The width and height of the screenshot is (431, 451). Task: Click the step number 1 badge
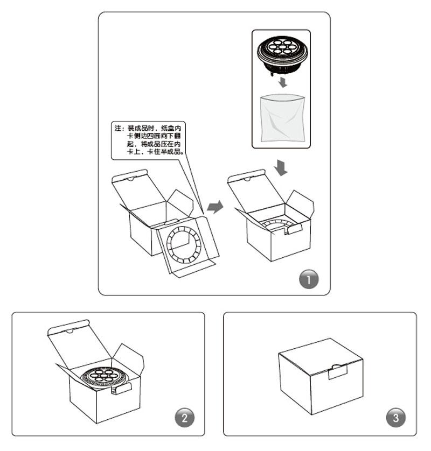[309, 279]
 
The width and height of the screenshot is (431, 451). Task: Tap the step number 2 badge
[185, 418]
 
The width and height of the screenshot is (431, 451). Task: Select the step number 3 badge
[396, 418]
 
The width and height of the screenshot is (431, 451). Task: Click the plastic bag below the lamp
[282, 118]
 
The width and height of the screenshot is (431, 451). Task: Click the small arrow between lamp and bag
[283, 82]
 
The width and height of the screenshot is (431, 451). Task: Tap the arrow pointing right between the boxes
[215, 207]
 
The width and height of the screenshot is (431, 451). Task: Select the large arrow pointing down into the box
[281, 167]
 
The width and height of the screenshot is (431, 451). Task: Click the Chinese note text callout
[149, 140]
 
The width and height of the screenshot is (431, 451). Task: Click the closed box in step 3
[321, 377]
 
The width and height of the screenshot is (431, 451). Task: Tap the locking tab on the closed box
[338, 371]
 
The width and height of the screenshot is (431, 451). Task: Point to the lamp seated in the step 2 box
[104, 378]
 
